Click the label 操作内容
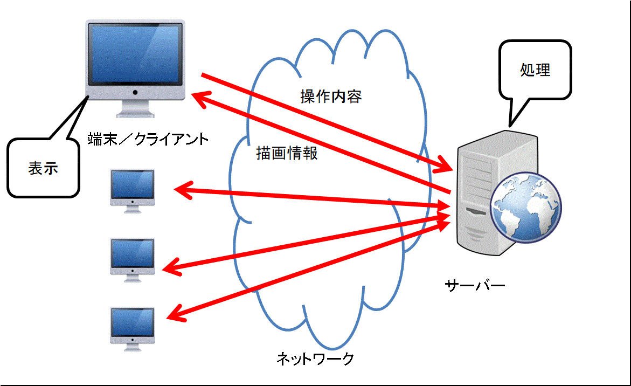point(331,96)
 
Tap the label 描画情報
point(287,153)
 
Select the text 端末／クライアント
point(148,139)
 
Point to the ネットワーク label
point(315,358)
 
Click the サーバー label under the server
point(475,285)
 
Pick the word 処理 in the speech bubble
point(535,70)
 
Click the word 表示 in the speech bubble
point(43,168)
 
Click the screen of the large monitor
point(135,53)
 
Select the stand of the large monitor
point(135,108)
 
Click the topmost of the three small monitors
point(133,190)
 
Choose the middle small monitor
point(133,260)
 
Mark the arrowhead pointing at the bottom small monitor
point(175,314)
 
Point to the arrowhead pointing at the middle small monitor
point(171,267)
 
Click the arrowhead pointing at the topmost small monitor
point(182,190)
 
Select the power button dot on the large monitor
point(135,93)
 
